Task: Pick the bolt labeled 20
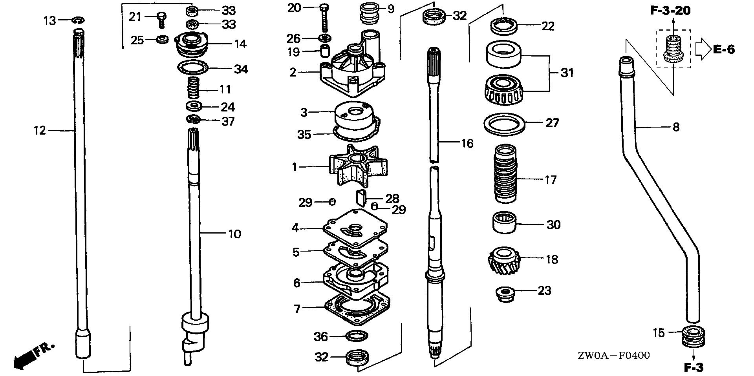coord(324,18)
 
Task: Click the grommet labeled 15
coord(694,336)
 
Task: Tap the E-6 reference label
coord(724,49)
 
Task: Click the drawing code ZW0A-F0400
coord(613,356)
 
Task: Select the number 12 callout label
coord(40,130)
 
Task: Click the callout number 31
coord(567,73)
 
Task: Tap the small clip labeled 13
coord(78,20)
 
